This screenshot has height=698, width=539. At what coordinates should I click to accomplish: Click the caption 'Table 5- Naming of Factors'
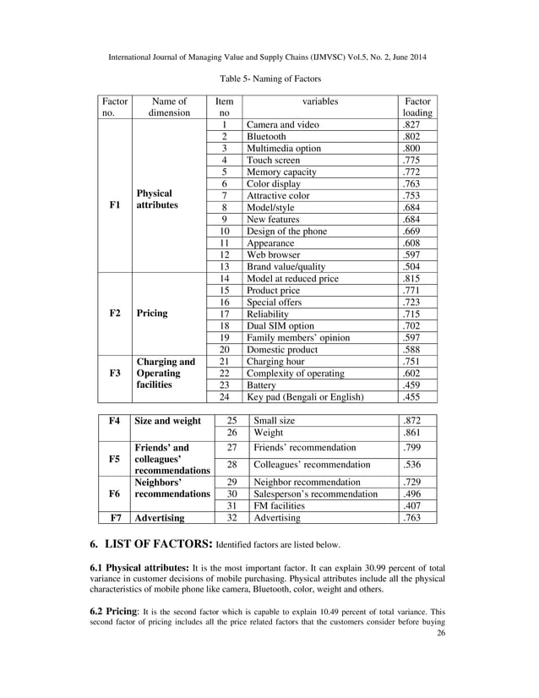pyautogui.click(x=269, y=79)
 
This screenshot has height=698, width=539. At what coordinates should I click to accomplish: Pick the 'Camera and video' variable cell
pyautogui.click(x=282, y=124)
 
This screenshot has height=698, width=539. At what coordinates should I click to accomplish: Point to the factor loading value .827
pyautogui.click(x=411, y=124)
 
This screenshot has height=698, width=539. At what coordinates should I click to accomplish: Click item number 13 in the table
pyautogui.click(x=225, y=266)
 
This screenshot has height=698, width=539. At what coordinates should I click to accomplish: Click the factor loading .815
pyautogui.click(x=411, y=278)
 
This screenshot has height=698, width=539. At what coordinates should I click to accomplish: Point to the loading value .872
pyautogui.click(x=411, y=420)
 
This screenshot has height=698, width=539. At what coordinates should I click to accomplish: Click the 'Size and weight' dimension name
pyautogui.click(x=168, y=420)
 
